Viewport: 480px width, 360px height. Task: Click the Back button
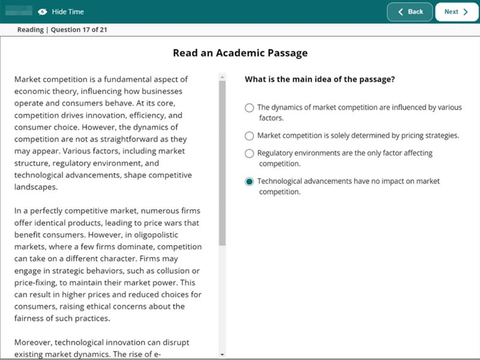click(x=410, y=11)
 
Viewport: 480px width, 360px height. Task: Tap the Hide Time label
click(x=68, y=11)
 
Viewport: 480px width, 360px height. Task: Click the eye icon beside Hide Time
click(x=43, y=12)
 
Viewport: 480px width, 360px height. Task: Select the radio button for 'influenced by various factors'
click(x=249, y=108)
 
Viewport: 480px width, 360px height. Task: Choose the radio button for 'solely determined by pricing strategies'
click(x=249, y=136)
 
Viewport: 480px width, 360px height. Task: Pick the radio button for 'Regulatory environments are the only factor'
click(x=249, y=154)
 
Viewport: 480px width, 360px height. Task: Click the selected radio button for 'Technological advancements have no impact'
click(x=249, y=181)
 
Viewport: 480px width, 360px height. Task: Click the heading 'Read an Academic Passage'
click(x=240, y=53)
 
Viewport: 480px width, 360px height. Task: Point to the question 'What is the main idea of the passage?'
click(x=320, y=79)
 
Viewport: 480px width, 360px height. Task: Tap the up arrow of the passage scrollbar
click(x=222, y=77)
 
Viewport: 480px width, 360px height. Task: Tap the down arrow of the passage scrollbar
click(x=222, y=355)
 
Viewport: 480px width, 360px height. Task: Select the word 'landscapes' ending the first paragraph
click(x=36, y=187)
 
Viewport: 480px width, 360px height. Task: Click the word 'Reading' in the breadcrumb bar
click(x=30, y=30)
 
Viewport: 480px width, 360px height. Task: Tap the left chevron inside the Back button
click(x=401, y=12)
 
